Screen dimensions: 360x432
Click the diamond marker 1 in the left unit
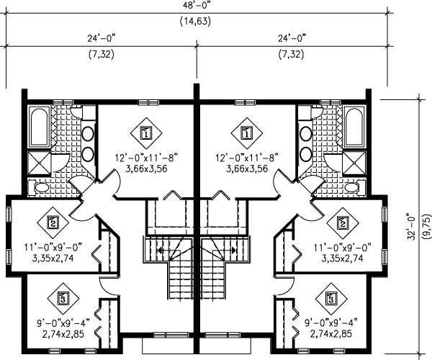point(146,133)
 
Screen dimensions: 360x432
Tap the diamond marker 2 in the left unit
point(53,222)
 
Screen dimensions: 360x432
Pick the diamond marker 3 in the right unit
point(331,297)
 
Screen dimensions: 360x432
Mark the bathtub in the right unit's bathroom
point(354,128)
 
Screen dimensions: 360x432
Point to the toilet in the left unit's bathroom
point(42,187)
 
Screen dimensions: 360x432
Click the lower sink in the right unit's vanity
point(305,153)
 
